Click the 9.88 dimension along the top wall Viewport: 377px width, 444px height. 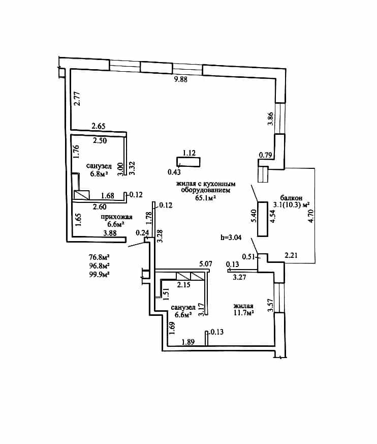click(181, 79)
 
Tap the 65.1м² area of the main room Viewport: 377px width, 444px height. click(206, 198)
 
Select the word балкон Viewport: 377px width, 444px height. click(291, 198)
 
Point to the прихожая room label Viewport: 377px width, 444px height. click(116, 217)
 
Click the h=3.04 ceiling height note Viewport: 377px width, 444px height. click(231, 238)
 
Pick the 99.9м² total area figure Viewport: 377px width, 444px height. click(99, 275)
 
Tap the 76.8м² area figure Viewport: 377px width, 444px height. click(99, 257)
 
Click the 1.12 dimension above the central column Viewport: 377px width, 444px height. click(189, 153)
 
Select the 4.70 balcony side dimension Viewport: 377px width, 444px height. click(311, 216)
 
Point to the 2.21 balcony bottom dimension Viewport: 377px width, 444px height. click(291, 255)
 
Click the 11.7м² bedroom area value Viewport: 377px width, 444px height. click(243, 313)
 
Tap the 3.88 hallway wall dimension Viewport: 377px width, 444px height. click(110, 233)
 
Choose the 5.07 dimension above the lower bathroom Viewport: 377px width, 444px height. click(205, 264)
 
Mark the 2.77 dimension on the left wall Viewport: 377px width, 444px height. click(77, 99)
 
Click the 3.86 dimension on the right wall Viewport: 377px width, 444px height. click(270, 119)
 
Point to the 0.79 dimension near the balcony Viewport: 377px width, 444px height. click(266, 155)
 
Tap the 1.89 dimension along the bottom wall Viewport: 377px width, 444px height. click(188, 342)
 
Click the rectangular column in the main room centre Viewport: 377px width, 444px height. click(189, 162)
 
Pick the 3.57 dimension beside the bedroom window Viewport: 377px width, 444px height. click(271, 306)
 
